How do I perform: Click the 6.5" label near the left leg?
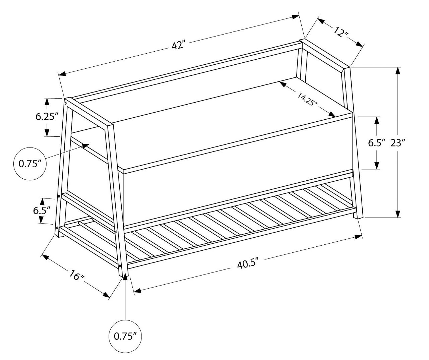point(42,211)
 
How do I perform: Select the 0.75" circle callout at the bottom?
point(125,337)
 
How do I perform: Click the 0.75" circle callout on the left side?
point(30,164)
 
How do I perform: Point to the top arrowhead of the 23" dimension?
point(398,71)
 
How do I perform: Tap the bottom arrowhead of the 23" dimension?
point(398,214)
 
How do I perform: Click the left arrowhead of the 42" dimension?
point(62,73)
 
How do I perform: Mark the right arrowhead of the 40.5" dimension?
point(358,237)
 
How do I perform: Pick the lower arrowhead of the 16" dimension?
point(106,295)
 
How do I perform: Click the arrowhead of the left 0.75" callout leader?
point(86,145)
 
